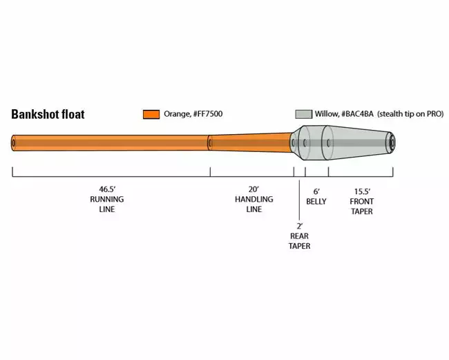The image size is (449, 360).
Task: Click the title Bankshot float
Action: pos(48,115)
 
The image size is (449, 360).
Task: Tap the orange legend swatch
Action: pos(151,114)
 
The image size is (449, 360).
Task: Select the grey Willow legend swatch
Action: pos(303,114)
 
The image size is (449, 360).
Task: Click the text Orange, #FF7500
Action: pos(193,114)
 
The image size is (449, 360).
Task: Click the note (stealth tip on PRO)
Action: pos(410,114)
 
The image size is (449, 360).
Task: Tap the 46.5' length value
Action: pos(107,189)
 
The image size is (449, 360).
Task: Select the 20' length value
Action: pos(254,189)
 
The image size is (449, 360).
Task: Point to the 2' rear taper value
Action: pos(299,225)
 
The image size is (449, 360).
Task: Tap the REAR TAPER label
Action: pos(299,240)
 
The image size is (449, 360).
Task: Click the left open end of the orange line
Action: pos(15,144)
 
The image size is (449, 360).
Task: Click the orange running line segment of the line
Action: pos(111,144)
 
